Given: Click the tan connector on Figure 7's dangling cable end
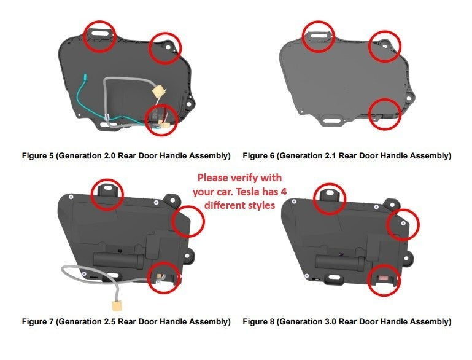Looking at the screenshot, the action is [117, 305].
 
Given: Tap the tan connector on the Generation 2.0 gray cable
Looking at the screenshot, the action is [158, 91].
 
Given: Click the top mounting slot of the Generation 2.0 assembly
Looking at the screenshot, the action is [101, 33].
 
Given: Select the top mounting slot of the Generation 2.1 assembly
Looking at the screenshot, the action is [319, 36].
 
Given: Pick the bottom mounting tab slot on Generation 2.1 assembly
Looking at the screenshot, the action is [332, 121].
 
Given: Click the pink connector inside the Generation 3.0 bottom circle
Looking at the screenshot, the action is [383, 278].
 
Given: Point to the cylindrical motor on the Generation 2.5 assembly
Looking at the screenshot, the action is [119, 261].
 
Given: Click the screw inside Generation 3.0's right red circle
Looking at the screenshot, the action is [403, 223].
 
